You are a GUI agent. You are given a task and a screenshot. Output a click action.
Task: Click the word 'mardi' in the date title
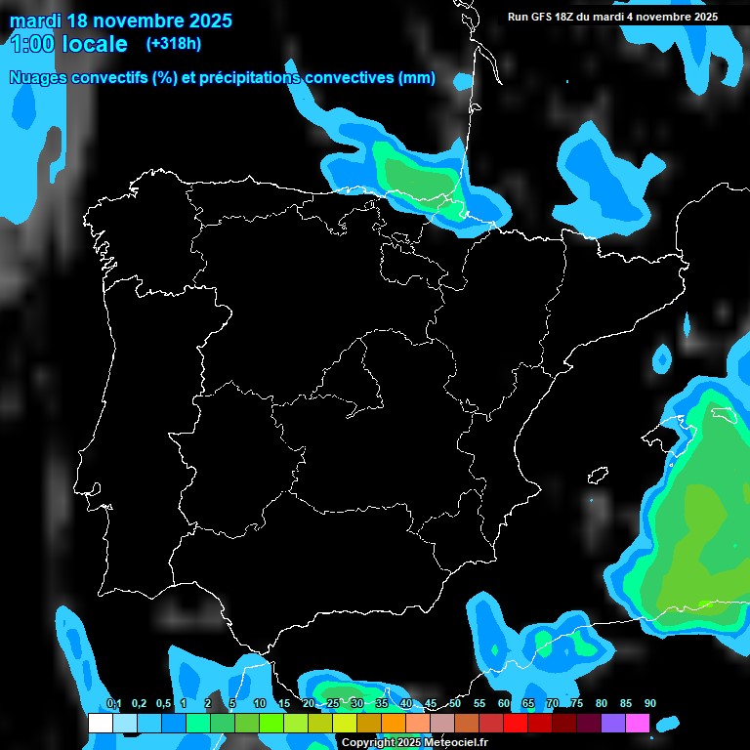coord(35,20)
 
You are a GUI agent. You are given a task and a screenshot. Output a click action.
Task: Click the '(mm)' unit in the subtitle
coord(417,78)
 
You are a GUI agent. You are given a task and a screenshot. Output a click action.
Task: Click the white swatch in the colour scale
coord(100,724)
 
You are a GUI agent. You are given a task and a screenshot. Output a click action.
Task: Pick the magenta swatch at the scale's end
coord(638,724)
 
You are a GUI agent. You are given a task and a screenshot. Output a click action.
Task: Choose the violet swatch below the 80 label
coord(612,724)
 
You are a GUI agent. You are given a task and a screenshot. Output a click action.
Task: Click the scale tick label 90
coord(650,703)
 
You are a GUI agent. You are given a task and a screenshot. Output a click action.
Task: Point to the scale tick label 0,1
coord(113,703)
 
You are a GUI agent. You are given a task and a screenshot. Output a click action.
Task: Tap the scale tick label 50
coord(455,703)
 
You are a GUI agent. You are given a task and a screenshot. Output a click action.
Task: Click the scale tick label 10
coord(259,703)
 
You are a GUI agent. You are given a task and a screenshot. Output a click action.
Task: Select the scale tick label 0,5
coord(162,703)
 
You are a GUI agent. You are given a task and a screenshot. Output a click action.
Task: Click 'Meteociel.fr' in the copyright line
coord(456,742)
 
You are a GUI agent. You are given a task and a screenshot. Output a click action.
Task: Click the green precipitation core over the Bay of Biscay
coord(415,174)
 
